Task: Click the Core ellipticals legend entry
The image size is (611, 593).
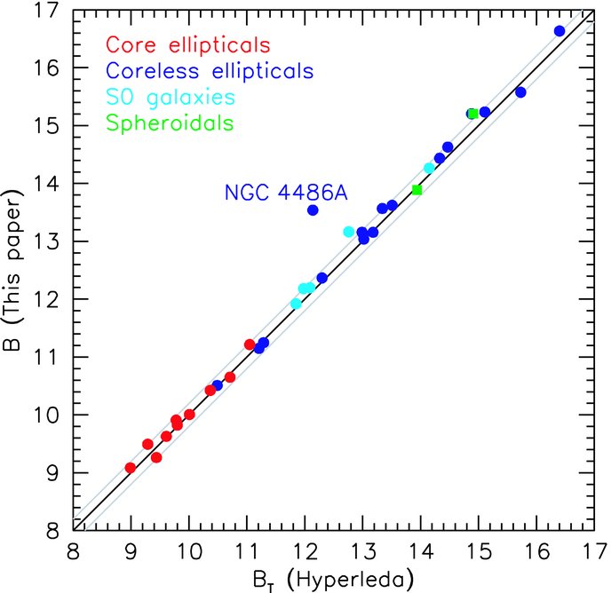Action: click(x=187, y=45)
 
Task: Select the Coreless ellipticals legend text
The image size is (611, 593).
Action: click(x=210, y=71)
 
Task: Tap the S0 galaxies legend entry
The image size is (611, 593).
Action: click(x=171, y=98)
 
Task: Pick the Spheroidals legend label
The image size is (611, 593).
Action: click(x=170, y=123)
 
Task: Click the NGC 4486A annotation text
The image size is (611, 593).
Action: click(x=286, y=193)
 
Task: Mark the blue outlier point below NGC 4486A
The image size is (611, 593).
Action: click(x=313, y=210)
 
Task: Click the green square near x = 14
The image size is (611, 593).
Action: click(x=417, y=190)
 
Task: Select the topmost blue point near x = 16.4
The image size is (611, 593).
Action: click(x=559, y=31)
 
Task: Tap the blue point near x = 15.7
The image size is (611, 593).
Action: click(x=520, y=92)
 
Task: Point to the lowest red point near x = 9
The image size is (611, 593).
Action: click(x=131, y=468)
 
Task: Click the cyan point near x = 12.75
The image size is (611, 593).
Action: click(x=349, y=232)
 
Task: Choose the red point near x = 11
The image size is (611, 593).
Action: click(x=250, y=344)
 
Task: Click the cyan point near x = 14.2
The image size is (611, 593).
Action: click(x=429, y=169)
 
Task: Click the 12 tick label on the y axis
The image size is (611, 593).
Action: click(x=46, y=299)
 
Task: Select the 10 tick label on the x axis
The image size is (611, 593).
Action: click(x=188, y=551)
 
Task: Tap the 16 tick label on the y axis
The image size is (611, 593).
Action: click(x=46, y=67)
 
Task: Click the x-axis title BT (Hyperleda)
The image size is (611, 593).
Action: click(x=333, y=581)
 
